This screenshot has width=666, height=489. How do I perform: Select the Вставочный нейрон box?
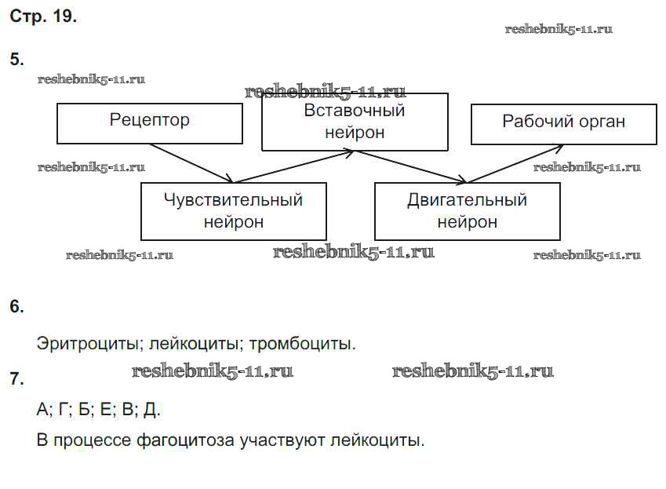pos(355,122)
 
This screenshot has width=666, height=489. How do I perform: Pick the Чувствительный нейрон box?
pos(233,211)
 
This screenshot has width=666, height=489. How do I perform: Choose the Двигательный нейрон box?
pos(467,211)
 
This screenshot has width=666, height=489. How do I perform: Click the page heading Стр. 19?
pos(43,16)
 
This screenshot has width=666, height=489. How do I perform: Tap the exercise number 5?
pos(16,60)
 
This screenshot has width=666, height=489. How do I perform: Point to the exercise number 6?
pos(16,307)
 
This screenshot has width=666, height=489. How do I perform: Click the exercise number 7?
pos(16,380)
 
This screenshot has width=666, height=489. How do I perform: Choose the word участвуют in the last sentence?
pos(275,440)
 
